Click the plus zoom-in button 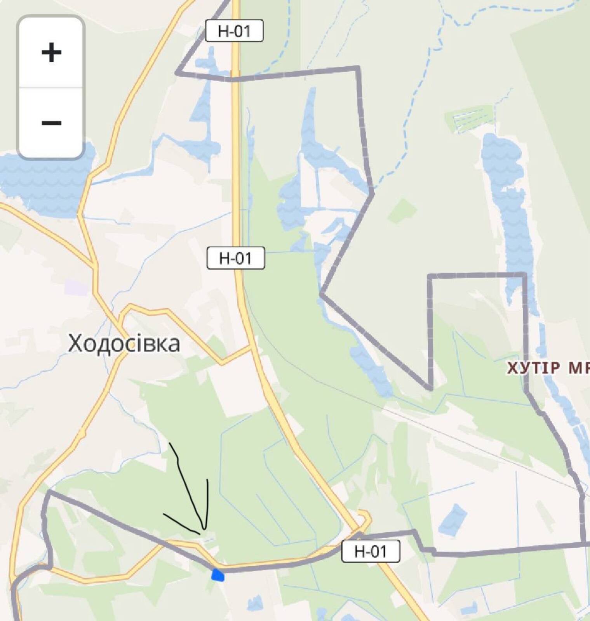[51, 52]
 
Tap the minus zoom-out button [51, 123]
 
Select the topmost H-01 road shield [234, 31]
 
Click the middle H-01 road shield [236, 258]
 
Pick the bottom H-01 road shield [371, 551]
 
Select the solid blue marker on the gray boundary [218, 575]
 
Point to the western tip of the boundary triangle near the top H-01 [177, 73]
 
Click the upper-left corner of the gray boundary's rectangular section [430, 276]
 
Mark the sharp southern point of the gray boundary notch [430, 388]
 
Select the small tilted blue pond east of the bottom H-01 [453, 520]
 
